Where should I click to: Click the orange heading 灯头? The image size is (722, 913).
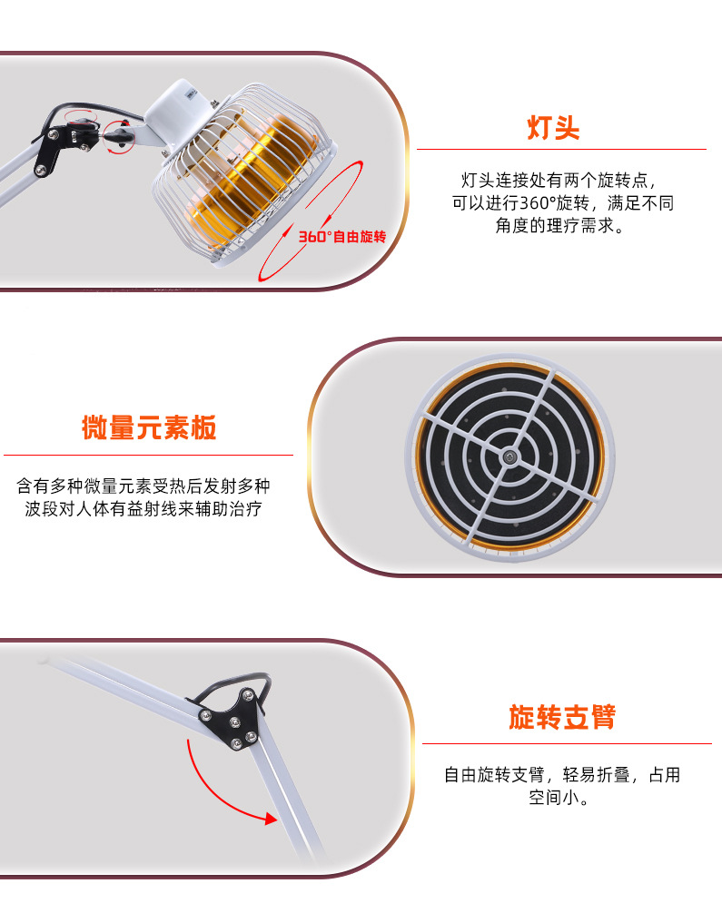(553, 127)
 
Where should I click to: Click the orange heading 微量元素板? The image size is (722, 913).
(149, 427)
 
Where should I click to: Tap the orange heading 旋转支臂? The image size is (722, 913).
(562, 717)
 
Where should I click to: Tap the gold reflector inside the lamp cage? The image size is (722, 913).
(272, 177)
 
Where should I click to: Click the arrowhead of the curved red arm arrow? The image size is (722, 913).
(270, 820)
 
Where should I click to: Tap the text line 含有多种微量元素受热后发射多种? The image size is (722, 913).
(143, 486)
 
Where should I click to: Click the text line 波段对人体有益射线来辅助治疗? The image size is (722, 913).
(143, 509)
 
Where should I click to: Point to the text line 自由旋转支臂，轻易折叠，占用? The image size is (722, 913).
(561, 775)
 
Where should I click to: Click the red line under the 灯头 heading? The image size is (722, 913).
(561, 149)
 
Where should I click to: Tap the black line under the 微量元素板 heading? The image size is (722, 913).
(148, 455)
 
